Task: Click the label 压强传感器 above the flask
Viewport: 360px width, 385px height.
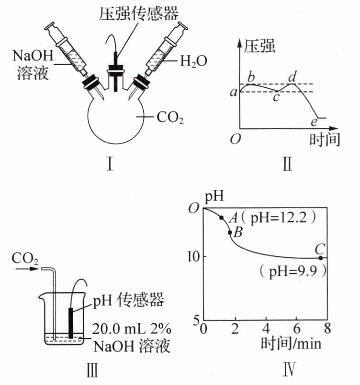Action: pos(139,13)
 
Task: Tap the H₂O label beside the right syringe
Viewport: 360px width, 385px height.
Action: pos(193,61)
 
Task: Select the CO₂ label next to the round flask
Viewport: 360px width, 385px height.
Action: pos(170,117)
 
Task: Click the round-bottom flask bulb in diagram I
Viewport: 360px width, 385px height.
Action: pos(115,117)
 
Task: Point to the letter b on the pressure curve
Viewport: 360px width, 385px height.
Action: pos(251,77)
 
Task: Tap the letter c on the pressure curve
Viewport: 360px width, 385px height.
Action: pos(276,97)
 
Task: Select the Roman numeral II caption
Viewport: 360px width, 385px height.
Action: pos(287,164)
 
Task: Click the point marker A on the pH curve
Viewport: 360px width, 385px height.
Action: pos(222,217)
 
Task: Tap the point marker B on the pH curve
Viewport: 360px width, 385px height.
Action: pos(230,232)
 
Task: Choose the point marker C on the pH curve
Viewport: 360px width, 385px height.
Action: pos(320,258)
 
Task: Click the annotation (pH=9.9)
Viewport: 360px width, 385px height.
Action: pos(293,272)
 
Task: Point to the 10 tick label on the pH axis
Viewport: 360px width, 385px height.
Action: pos(193,257)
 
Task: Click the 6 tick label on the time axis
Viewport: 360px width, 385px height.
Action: pos(297,328)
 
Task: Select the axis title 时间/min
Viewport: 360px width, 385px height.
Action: pos(291,343)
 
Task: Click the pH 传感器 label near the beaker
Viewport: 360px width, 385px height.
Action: pos(128,300)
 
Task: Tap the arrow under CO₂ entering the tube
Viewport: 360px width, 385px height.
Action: pos(27,269)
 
